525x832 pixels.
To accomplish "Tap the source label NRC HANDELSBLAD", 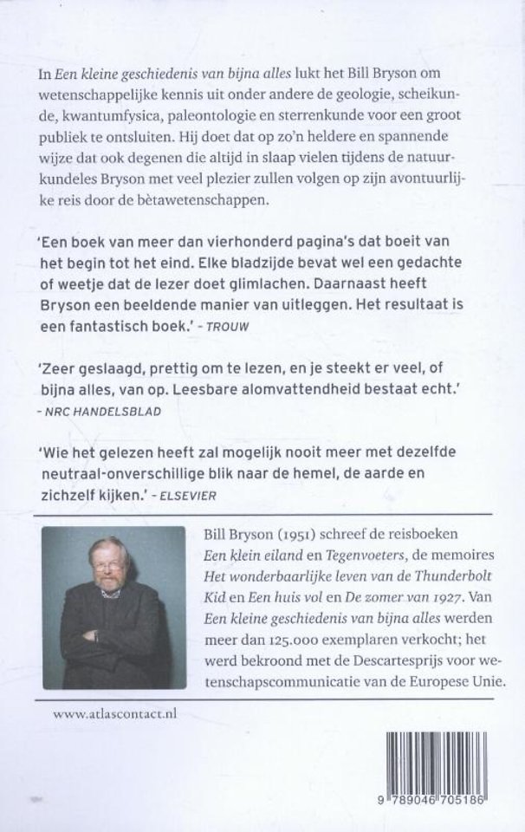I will point(107,412).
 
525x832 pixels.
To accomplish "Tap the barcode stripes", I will point(445,764).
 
